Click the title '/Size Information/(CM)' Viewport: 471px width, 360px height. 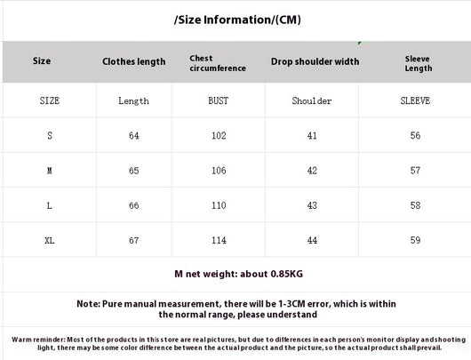[x=237, y=20]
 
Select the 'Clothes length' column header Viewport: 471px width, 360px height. [x=133, y=61]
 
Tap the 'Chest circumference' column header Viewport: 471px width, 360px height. [x=218, y=63]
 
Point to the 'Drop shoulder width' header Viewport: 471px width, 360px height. [x=315, y=61]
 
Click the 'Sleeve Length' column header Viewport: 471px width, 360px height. [x=419, y=63]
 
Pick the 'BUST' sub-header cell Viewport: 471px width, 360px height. [x=219, y=100]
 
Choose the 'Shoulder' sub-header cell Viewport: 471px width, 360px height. [x=312, y=100]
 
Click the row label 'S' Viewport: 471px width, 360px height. [x=50, y=135]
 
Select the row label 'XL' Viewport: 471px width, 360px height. [x=50, y=240]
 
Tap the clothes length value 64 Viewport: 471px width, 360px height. [x=134, y=135]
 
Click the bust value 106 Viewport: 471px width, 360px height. [x=219, y=171]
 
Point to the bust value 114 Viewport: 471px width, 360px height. [x=219, y=240]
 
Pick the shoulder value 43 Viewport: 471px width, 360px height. [x=312, y=205]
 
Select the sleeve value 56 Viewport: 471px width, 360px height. [x=415, y=135]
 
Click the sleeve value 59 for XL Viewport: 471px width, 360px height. [x=415, y=240]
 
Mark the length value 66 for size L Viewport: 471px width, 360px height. [x=134, y=205]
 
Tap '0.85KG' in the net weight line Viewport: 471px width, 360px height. [x=287, y=274]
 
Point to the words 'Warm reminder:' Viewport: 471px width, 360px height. [x=38, y=340]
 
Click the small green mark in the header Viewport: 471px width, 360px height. [x=360, y=44]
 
